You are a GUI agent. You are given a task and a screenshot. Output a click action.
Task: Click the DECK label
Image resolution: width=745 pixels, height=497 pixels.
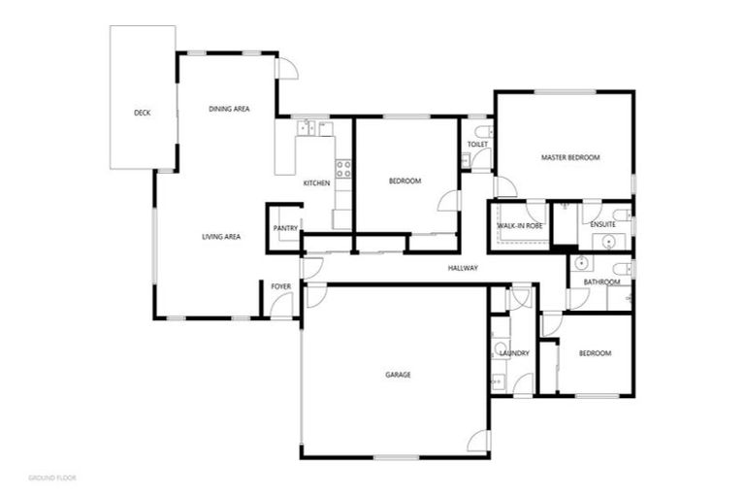pos(142,113)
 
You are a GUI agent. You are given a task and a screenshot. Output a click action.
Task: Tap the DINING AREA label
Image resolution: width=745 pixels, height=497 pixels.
pos(229,109)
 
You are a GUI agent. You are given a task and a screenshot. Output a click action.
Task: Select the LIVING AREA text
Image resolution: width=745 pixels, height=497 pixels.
pos(221,237)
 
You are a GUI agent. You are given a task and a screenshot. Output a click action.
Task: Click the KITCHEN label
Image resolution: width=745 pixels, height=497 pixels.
pos(316,183)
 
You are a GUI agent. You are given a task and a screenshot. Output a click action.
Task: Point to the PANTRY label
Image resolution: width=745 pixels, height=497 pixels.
pos(285,228)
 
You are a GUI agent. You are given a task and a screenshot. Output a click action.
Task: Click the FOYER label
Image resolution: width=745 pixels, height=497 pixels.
pos(280,286)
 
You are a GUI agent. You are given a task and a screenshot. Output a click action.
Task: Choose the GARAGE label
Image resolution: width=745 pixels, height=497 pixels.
pos(398,374)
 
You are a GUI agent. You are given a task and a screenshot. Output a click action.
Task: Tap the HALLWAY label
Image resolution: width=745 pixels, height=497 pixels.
pos(463,268)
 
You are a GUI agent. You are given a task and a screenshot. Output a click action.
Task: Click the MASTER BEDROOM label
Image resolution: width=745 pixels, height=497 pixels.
pos(570,157)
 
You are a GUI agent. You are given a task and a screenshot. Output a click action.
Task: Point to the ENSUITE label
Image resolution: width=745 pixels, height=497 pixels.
pos(602,225)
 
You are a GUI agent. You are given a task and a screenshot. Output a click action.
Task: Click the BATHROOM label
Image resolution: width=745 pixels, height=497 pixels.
pos(599,282)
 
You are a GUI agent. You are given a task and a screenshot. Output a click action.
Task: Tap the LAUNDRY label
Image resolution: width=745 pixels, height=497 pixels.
pos(513,353)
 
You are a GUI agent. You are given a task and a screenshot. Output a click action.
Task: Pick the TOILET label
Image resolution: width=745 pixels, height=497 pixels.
pos(477,145)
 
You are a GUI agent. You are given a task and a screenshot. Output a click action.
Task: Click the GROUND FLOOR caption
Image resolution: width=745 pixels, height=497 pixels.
pos(52,479)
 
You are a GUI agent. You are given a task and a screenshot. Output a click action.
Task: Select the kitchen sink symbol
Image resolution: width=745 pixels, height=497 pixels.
pos(308,127)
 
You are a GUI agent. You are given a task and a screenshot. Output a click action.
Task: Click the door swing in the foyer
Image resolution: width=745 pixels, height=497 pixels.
pos(282,305)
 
